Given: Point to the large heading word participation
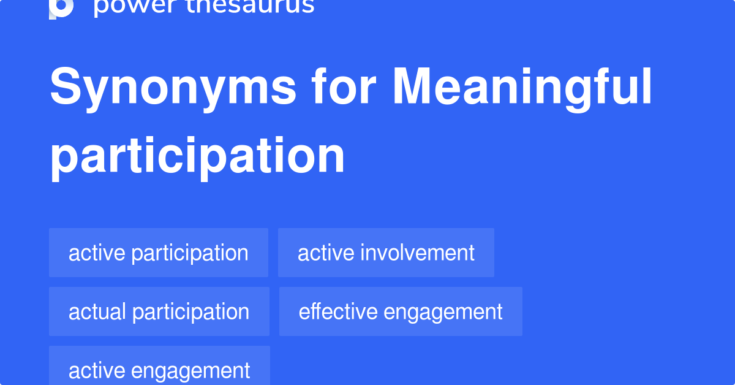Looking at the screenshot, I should tap(197, 157).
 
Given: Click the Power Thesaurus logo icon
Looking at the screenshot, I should tap(61, 7).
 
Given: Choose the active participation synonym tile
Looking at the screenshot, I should tap(159, 253).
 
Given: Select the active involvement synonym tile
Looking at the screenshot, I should tap(386, 253).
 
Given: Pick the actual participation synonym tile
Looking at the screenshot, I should tap(159, 311).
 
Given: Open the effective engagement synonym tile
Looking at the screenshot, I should tap(401, 311).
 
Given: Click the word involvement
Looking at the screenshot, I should tap(418, 253).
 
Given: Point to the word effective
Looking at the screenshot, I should tap(338, 311).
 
